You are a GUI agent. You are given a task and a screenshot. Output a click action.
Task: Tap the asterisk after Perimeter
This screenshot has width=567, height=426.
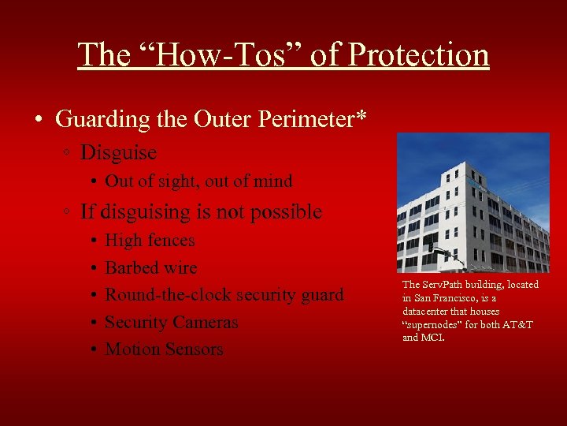361,117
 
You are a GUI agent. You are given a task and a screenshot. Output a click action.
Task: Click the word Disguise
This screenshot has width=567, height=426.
118,151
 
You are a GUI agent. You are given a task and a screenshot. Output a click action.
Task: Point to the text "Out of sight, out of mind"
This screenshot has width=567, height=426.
198,181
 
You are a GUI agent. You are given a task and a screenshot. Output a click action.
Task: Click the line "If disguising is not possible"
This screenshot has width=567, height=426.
201,211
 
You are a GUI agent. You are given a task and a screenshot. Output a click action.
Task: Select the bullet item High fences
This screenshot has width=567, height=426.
150,241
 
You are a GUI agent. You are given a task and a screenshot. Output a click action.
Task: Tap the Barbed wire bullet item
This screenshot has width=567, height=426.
150,267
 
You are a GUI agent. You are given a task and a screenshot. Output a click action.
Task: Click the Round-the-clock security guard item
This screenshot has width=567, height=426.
224,295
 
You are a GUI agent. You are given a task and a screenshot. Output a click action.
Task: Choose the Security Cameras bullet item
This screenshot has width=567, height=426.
171,322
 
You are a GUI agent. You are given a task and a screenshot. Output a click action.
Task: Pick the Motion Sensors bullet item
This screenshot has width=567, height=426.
164,349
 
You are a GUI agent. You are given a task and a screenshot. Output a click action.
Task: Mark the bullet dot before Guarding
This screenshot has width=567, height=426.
39,120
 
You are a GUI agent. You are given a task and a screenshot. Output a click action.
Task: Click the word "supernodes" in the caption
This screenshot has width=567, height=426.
431,324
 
